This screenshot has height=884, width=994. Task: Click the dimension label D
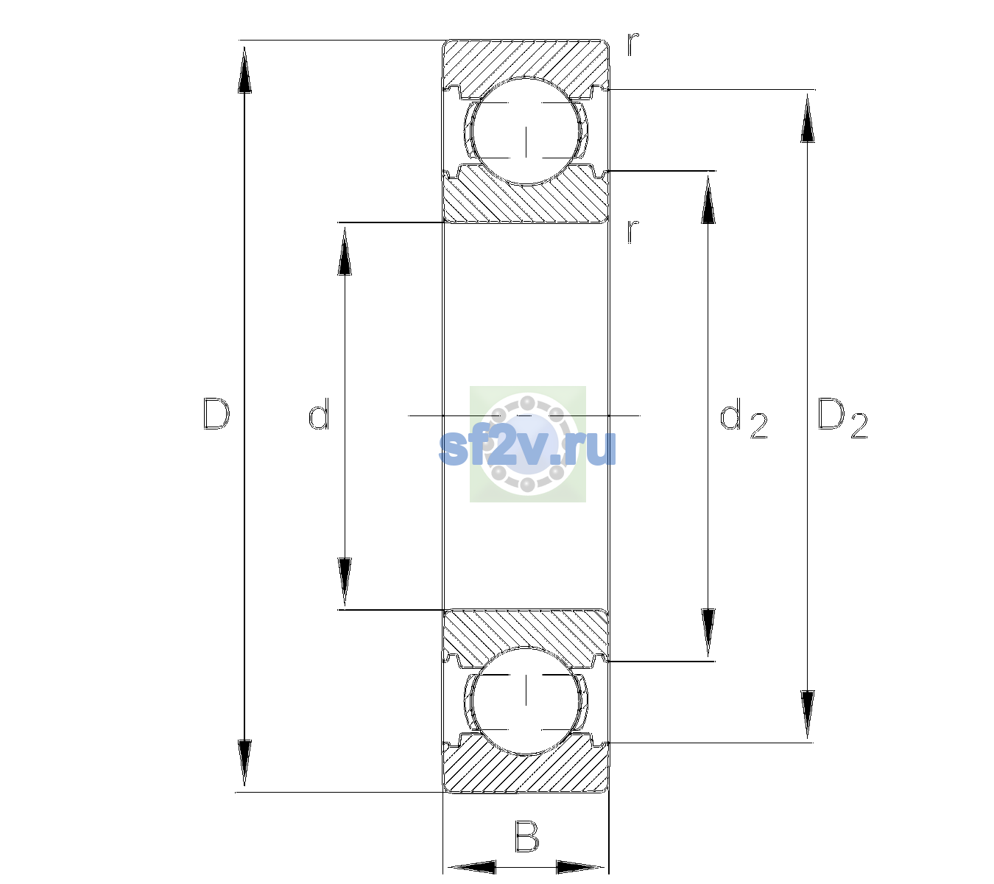click(216, 414)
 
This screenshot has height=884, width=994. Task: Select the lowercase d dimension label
click(319, 414)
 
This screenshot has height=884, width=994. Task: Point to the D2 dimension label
click(842, 418)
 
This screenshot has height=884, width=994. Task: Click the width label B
click(526, 836)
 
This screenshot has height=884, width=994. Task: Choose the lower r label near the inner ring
click(633, 231)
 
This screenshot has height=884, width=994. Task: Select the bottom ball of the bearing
click(526, 701)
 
